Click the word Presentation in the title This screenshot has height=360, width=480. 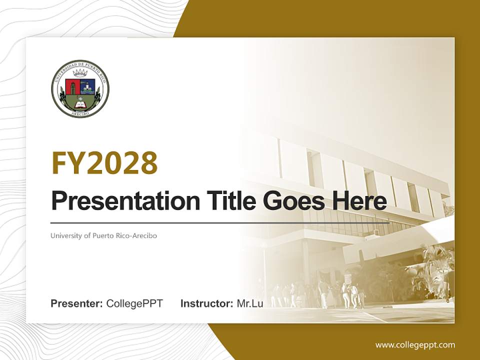(118, 201)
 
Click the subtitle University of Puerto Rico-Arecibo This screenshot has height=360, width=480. (103, 235)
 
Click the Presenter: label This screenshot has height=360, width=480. (77, 303)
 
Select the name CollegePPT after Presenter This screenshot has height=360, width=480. (134, 303)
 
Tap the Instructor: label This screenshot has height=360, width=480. (206, 303)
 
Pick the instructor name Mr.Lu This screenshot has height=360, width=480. (250, 303)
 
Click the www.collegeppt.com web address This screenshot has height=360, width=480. (415, 344)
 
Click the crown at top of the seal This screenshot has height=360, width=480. (80, 73)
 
